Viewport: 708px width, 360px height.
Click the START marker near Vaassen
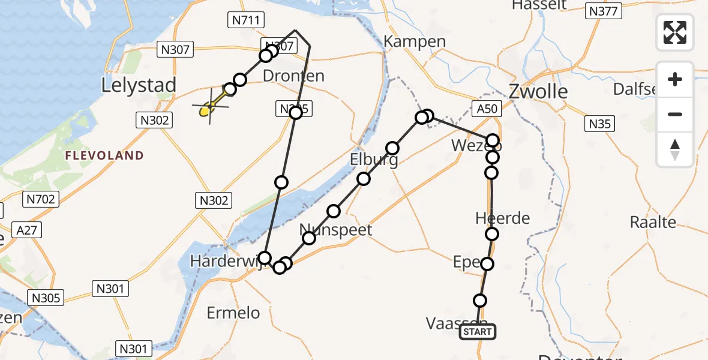pyautogui.click(x=478, y=332)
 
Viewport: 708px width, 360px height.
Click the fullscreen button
pyautogui.click(x=675, y=32)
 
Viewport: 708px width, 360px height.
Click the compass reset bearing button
pyautogui.click(x=675, y=149)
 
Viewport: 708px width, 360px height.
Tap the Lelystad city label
pyautogui.click(x=139, y=85)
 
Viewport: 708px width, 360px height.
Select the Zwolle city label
pyautogui.click(x=538, y=91)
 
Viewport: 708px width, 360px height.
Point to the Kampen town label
pyautogui.click(x=415, y=41)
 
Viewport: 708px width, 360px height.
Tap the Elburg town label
pyautogui.click(x=374, y=161)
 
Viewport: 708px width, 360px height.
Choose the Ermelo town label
pyautogui.click(x=233, y=313)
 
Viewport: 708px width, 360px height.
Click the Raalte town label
pyautogui.click(x=653, y=222)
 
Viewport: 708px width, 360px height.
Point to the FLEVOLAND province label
pyautogui.click(x=105, y=156)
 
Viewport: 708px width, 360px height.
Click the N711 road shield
pyautogui.click(x=246, y=20)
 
